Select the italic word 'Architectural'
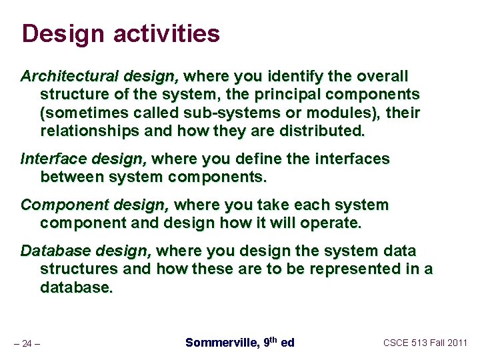pos(61,76)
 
